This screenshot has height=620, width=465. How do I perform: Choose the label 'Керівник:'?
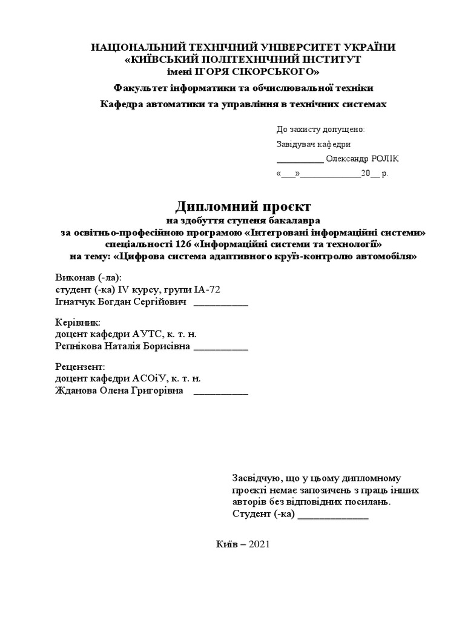77,322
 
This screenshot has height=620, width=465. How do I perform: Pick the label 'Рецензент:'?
80,367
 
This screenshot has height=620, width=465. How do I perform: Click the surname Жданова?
76,391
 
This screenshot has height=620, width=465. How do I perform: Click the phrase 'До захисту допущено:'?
320,129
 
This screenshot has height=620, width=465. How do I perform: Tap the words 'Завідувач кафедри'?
313,144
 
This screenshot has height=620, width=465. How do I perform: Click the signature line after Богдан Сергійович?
220,303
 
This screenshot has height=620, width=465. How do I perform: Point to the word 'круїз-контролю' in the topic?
303,256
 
